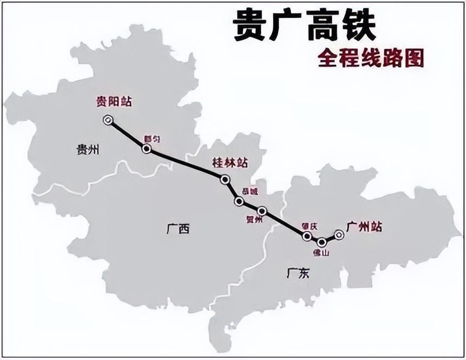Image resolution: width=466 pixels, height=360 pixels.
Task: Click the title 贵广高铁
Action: pyautogui.click(x=305, y=26)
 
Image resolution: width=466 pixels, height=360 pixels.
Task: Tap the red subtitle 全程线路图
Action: pyautogui.click(x=370, y=57)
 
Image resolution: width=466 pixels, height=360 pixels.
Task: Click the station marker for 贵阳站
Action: pyautogui.click(x=108, y=120)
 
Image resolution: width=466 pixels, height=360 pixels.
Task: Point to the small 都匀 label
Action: pyautogui.click(x=152, y=139)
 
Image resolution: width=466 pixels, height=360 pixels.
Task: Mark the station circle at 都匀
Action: pyautogui.click(x=146, y=148)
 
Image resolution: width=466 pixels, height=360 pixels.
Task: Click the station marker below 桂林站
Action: pyautogui.click(x=225, y=179)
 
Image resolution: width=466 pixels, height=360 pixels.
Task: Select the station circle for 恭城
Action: pyautogui.click(x=239, y=201)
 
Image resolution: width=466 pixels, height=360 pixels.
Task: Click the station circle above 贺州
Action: pyautogui.click(x=262, y=210)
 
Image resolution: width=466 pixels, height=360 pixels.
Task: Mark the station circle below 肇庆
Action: pyautogui.click(x=307, y=236)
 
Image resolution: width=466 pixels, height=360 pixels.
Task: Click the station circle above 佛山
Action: pyautogui.click(x=322, y=242)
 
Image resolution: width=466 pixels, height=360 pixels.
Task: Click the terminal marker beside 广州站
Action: pyautogui.click(x=339, y=235)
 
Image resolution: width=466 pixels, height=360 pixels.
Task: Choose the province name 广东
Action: pyautogui.click(x=297, y=274)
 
